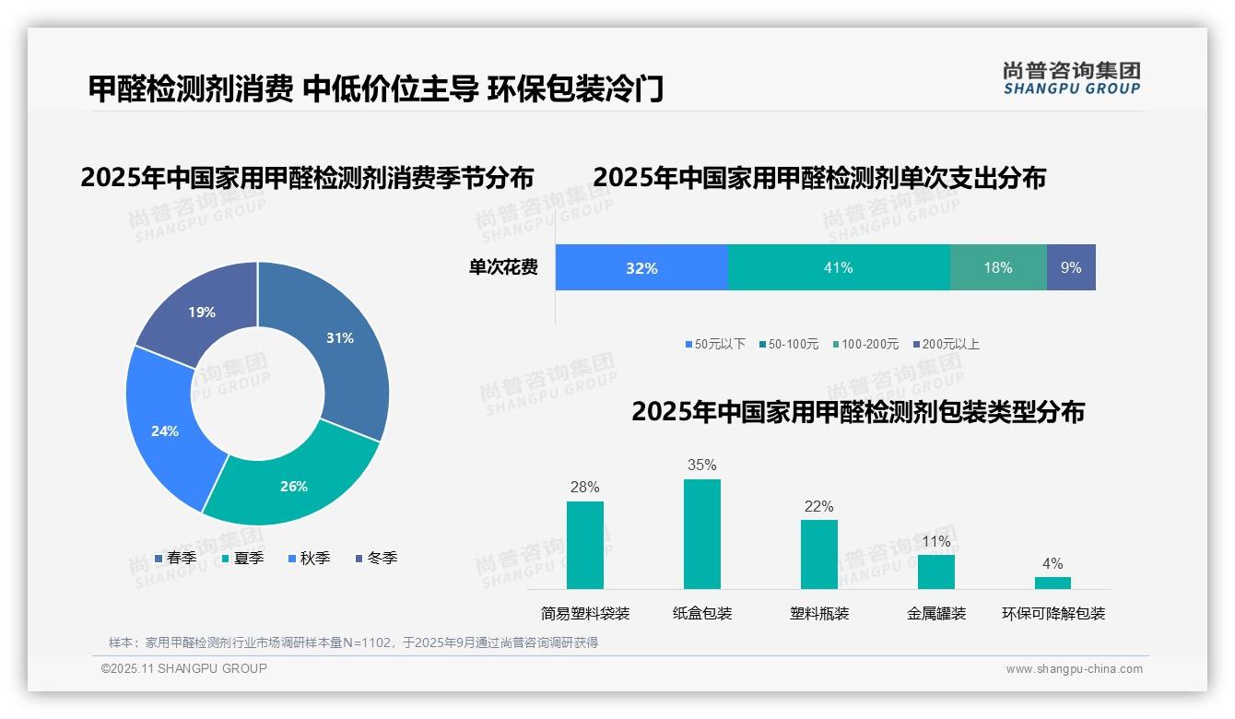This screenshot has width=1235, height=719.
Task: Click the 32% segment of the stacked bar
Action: [641, 267]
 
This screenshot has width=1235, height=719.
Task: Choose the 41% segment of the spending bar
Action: [839, 267]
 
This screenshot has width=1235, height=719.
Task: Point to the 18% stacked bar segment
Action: [998, 267]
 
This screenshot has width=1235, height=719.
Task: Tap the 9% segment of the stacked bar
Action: [1071, 267]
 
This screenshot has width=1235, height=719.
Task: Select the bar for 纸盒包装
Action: [702, 534]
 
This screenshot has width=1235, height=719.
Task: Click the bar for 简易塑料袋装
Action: [585, 545]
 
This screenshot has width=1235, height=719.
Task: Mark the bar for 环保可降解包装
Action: [1053, 583]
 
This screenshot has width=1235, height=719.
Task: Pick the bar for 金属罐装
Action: [936, 572]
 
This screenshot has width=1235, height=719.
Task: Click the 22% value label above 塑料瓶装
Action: [818, 507]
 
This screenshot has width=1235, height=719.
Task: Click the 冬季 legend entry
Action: [377, 558]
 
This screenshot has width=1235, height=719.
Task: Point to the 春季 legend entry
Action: [176, 558]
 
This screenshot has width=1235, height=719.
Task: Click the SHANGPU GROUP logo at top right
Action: [1071, 78]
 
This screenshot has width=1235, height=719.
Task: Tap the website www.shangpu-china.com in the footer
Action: [1074, 668]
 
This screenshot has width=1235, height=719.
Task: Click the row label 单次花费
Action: [503, 267]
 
